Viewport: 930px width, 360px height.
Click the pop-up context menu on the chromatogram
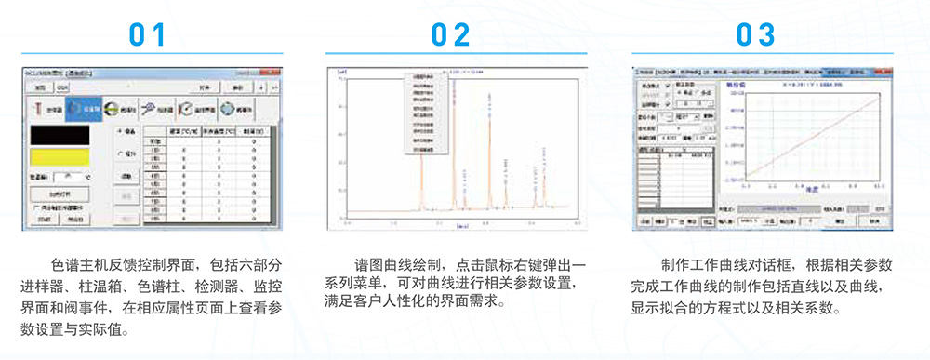pyautogui.click(x=427, y=112)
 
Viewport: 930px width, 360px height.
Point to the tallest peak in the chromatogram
pyautogui.click(x=422, y=140)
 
